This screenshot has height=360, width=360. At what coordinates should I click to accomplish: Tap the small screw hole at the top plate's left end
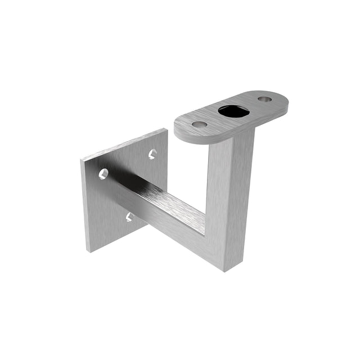click(199, 124)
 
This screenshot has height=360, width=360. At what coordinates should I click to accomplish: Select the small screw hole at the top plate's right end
click(264, 99)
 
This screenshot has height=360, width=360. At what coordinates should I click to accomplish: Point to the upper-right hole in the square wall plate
click(152, 154)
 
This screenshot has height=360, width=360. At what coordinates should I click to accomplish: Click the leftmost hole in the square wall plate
click(103, 174)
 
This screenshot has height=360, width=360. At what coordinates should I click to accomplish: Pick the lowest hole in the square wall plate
click(129, 217)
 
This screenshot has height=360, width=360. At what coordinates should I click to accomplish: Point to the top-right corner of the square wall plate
click(166, 129)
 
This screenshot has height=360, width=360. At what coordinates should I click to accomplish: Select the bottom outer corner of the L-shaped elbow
click(226, 271)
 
